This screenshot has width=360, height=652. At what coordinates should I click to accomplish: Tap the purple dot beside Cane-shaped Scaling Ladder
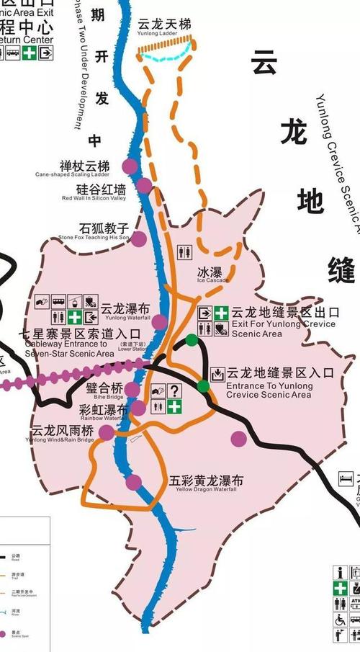pyautogui.click(x=130, y=166)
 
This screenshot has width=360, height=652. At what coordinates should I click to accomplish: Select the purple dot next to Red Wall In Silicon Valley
pyautogui.click(x=144, y=187)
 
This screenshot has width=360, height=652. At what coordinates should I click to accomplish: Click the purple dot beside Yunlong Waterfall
pyautogui.click(x=159, y=321)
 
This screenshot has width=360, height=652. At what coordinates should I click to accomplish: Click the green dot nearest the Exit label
pyautogui.click(x=192, y=340)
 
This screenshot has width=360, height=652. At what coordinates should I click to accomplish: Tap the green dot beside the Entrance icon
pyautogui.click(x=204, y=386)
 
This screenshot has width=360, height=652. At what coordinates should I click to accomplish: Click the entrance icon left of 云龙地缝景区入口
pyautogui.click(x=217, y=374)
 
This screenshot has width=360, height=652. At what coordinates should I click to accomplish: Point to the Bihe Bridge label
pyautogui.click(x=104, y=390)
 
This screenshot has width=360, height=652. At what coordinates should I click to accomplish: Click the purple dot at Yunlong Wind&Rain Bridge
pyautogui.click(x=107, y=432)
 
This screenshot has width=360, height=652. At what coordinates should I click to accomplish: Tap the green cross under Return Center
pyautogui.click(x=29, y=53)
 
